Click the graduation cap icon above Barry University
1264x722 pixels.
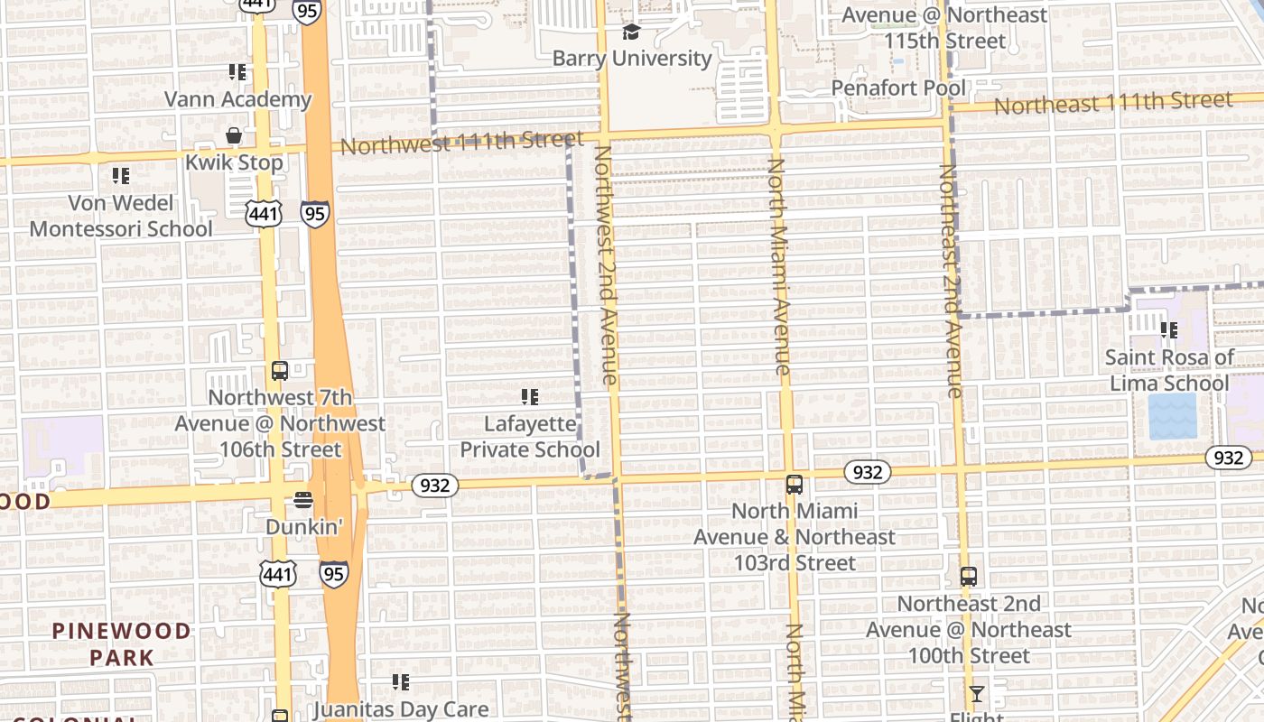631,32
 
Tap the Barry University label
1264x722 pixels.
632,59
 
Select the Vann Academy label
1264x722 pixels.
237,98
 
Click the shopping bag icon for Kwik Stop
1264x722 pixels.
234,136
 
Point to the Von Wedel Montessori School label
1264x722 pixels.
121,216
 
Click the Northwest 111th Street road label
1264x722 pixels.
463,142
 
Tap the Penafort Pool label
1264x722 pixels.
898,88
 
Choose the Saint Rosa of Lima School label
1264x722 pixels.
1169,370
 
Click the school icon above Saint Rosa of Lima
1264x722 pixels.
1169,330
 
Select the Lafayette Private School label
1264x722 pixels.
530,436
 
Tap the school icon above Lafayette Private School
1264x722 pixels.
530,396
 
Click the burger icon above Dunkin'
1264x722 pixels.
304,500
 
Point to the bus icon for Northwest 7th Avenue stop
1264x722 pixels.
280,370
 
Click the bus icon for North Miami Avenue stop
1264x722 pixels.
795,485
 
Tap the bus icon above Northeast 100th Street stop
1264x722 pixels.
969,576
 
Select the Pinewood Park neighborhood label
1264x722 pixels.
121,643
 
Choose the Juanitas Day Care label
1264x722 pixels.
400,710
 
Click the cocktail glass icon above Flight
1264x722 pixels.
976,694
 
